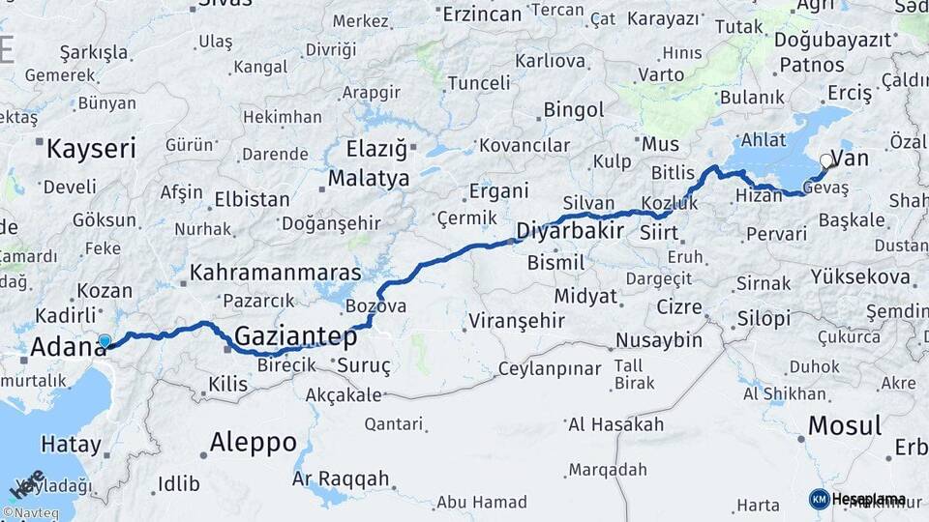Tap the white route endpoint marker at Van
pos(825,160)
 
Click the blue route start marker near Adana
pos(105,341)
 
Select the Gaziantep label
pos(296,337)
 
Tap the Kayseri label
pos(92,149)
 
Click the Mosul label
pos(844,425)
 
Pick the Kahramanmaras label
pos(276,274)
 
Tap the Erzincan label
pos(482,14)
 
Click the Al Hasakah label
pos(616,424)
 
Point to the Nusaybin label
pos(659,340)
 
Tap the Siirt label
pos(658,232)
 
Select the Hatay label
pos(71,445)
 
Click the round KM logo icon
pos(820,499)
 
